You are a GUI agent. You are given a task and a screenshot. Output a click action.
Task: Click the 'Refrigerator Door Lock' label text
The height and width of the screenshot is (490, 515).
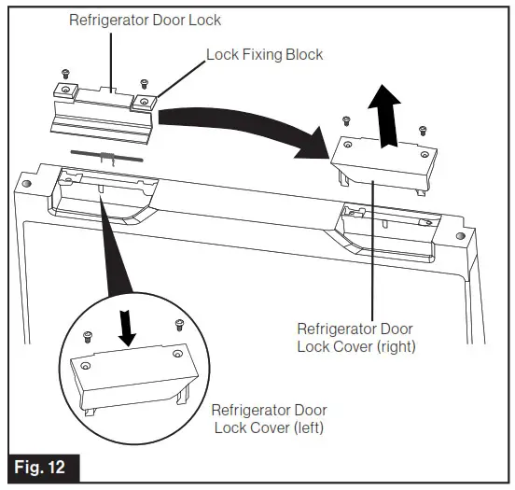click(x=146, y=20)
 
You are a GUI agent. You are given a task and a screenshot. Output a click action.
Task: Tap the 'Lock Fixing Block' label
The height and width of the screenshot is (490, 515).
click(x=264, y=53)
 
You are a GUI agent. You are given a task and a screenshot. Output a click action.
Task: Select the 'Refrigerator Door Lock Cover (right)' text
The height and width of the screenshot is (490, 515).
click(x=355, y=338)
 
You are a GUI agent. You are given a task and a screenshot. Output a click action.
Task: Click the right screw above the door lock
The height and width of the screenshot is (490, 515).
click(x=142, y=83)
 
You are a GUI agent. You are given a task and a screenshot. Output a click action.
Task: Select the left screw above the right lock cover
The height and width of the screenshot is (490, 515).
click(x=347, y=119)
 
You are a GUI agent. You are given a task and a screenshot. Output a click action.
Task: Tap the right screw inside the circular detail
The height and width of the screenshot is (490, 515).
click(x=177, y=324)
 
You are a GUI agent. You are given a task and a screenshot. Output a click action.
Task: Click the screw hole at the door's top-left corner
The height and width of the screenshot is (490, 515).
click(x=26, y=184)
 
